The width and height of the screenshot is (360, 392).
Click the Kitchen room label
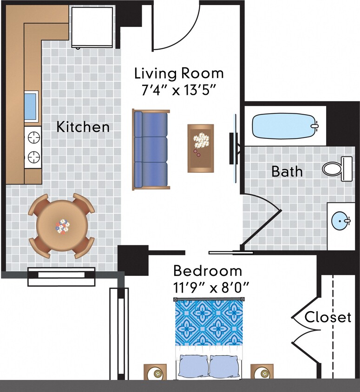pos(83,127)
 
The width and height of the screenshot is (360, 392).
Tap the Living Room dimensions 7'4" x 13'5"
pos(179,90)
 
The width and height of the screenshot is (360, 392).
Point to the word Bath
pos(287,171)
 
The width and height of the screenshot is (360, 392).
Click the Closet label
pos(328,318)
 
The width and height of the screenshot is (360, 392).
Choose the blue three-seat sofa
pos(150,150)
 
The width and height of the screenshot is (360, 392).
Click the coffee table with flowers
pos(201,148)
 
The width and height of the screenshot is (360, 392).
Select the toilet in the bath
pos(338,168)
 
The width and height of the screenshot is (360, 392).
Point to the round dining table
pos(62,226)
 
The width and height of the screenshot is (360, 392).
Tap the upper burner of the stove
pos(33,137)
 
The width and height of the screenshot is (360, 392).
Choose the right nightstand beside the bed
pos(262,372)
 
